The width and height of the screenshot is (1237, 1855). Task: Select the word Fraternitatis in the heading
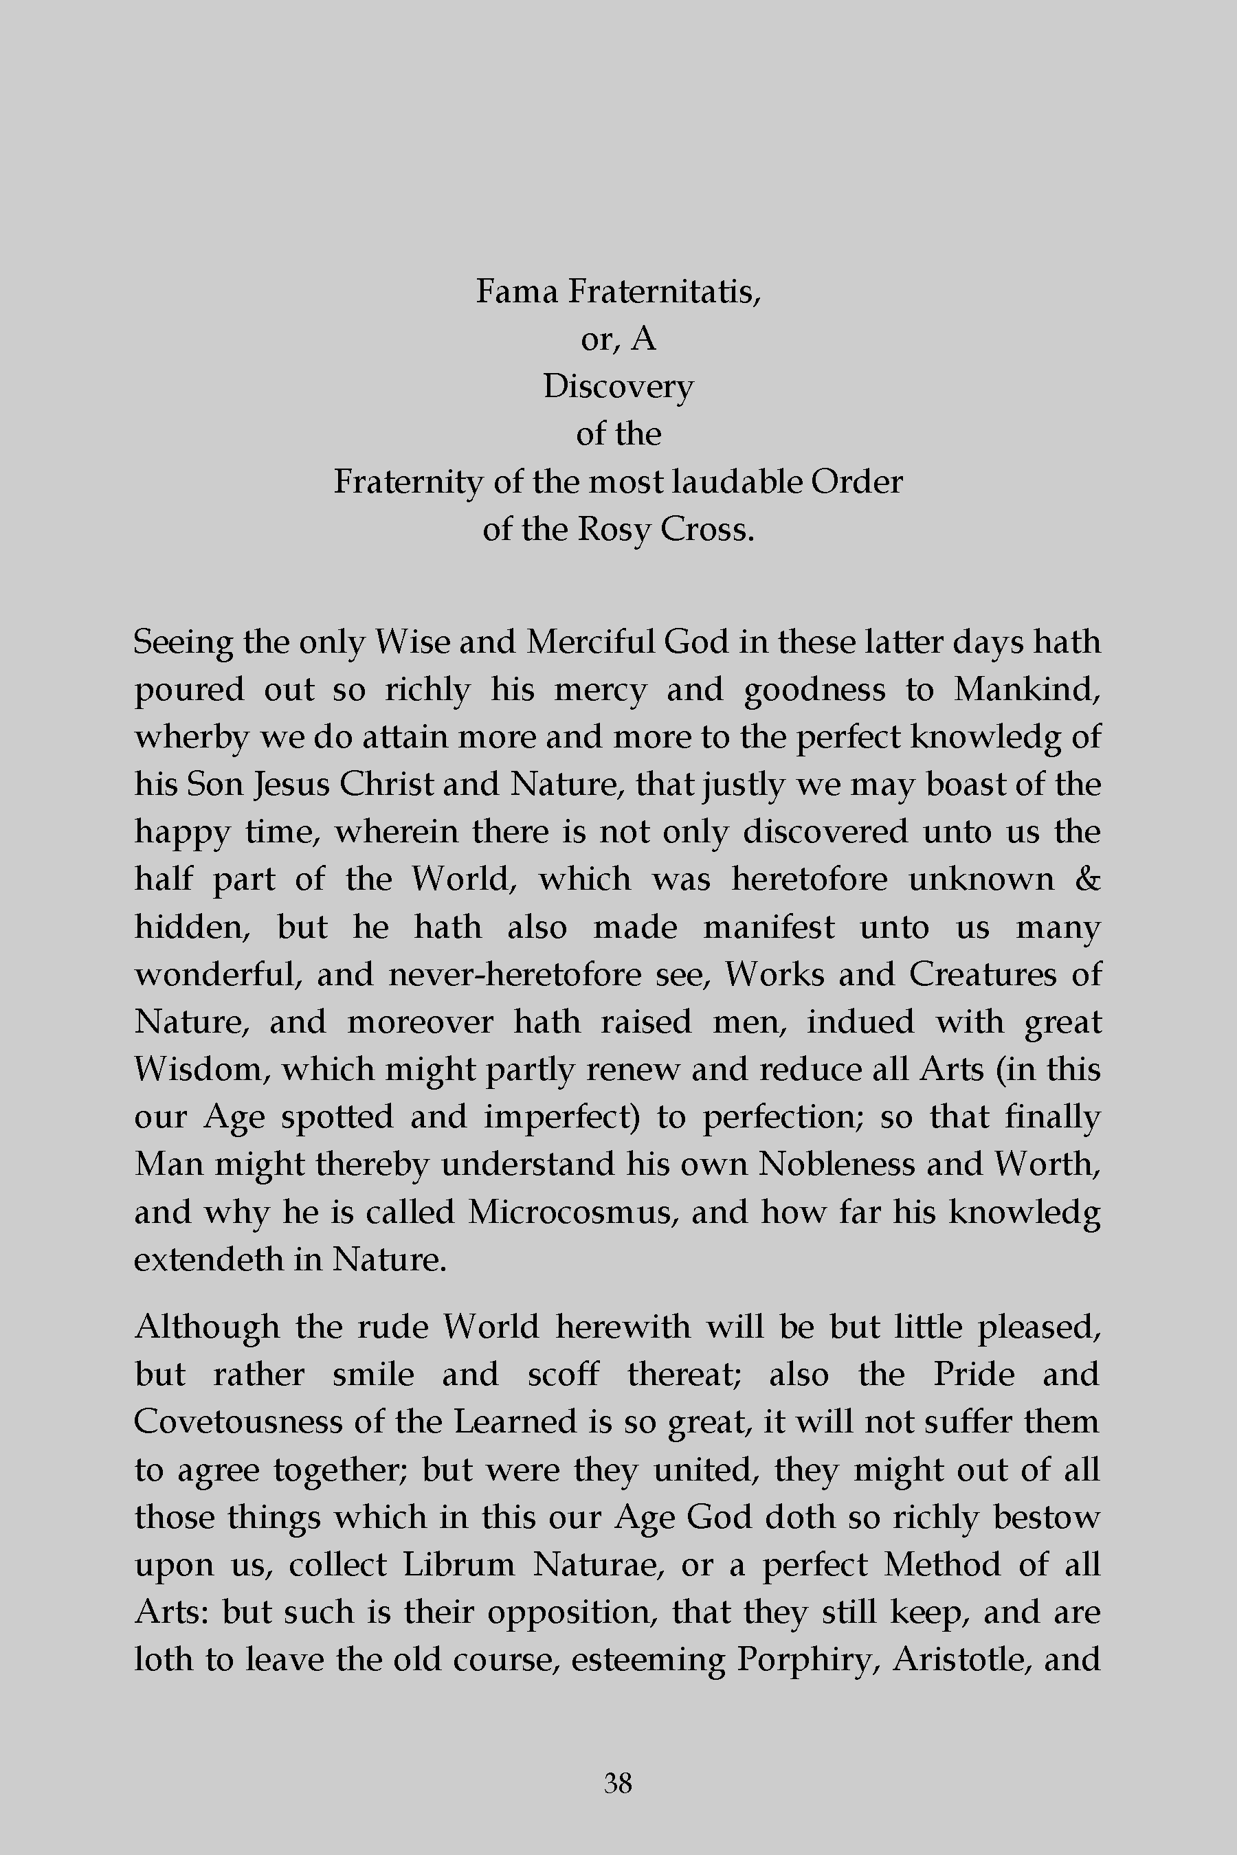point(665,292)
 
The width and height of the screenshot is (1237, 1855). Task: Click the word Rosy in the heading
point(612,529)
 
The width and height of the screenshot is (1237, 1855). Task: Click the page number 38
point(618,1782)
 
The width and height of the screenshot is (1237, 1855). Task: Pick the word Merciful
point(590,641)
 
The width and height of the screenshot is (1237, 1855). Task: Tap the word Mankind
point(1026,689)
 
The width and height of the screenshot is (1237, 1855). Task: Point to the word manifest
point(768,927)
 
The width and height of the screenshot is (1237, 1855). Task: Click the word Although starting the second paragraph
point(207,1327)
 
